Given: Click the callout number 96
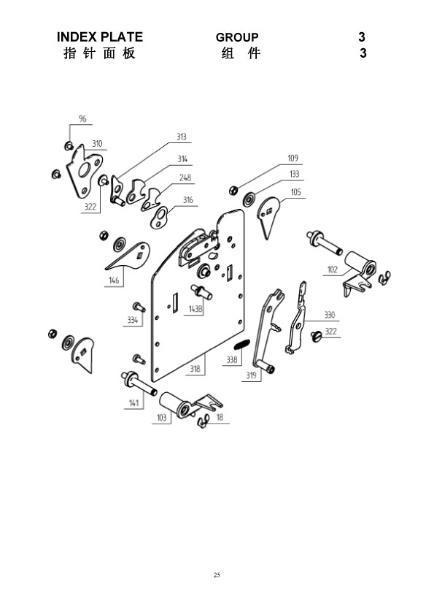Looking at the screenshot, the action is [82, 118].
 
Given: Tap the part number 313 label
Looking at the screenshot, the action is [181, 137].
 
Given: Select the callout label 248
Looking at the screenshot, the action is [185, 177].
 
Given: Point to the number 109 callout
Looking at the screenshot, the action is [293, 158].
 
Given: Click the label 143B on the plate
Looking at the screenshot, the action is [195, 309].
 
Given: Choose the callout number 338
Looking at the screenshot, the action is [232, 359].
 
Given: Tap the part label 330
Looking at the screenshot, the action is [330, 315].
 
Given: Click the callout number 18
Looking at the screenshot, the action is [220, 417].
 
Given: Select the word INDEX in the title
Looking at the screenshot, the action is [77, 37].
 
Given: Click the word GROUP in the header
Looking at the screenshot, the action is [237, 37].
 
